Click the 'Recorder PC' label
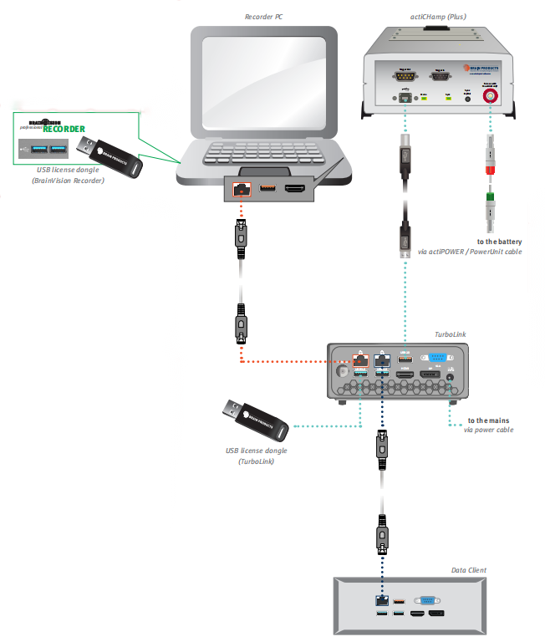(x=264, y=17)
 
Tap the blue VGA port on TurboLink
(x=437, y=363)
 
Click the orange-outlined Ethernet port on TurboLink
(x=359, y=362)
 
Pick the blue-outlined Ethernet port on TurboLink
(x=381, y=362)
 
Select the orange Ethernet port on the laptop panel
(x=241, y=190)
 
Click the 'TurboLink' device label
(x=450, y=334)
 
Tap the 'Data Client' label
(x=468, y=570)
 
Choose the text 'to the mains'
(x=489, y=420)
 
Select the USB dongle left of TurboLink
(x=256, y=420)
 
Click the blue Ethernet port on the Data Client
(x=381, y=600)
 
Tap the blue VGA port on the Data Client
(x=425, y=599)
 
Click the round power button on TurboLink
(x=343, y=369)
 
